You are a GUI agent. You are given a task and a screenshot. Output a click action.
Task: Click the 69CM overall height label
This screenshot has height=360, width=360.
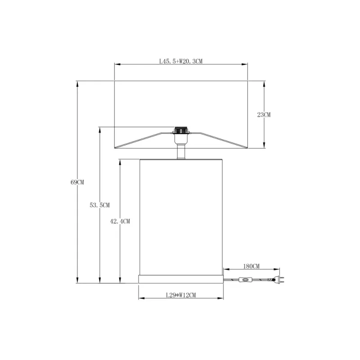pyautogui.click(x=77, y=182)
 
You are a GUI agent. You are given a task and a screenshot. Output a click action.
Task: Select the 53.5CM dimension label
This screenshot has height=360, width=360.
pyautogui.click(x=99, y=205)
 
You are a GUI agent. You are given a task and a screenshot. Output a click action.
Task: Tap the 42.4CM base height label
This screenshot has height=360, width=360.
pyautogui.click(x=120, y=221)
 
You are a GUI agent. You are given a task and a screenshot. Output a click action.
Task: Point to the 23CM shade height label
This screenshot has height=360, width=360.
pyautogui.click(x=264, y=115)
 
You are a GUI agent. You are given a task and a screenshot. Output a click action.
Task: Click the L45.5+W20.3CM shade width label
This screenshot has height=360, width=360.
pyautogui.click(x=181, y=61)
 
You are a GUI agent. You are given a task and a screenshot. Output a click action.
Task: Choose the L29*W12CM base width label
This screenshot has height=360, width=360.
pyautogui.click(x=181, y=295)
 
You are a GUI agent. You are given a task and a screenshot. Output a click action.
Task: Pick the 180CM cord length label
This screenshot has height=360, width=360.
pyautogui.click(x=251, y=266)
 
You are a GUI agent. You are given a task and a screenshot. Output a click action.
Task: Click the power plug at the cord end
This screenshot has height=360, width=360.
pyautogui.click(x=279, y=279)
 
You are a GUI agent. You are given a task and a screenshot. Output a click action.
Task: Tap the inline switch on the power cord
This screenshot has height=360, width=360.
pyautogui.click(x=245, y=279)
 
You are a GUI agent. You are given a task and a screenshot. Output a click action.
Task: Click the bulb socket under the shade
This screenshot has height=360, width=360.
pyautogui.click(x=181, y=135)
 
